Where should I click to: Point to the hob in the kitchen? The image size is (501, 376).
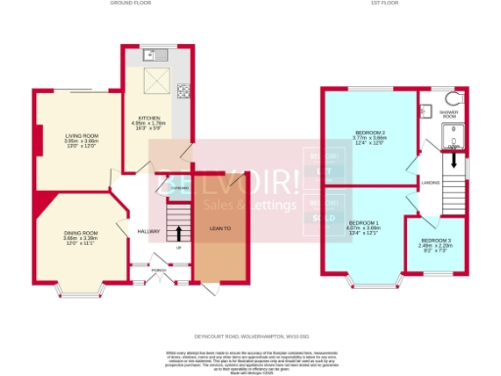pos(182,93)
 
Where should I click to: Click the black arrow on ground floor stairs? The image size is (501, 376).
pos(179,233)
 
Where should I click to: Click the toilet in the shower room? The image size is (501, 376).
pos(453,99)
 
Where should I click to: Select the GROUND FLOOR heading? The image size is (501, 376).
pos(150,4)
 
